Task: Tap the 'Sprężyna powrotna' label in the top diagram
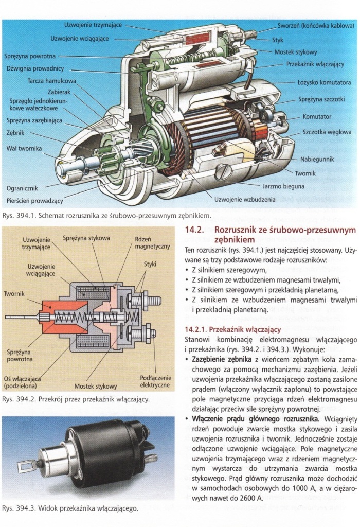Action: click(x=31, y=56)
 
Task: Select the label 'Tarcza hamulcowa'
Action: click(x=51, y=81)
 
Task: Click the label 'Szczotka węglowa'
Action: click(x=327, y=132)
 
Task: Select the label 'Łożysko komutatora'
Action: click(x=324, y=82)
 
